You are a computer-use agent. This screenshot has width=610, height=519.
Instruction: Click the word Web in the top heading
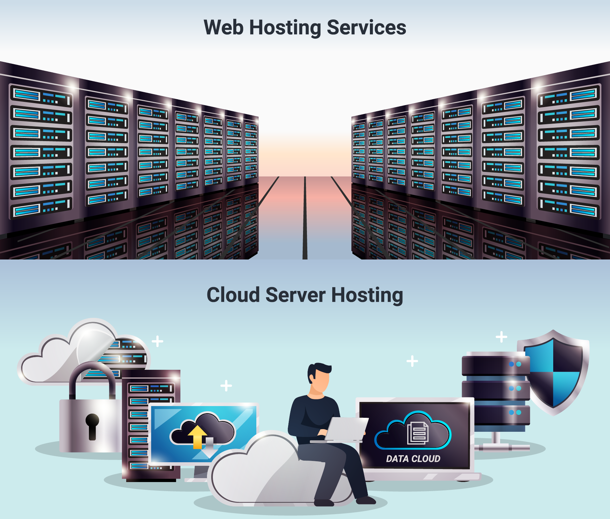pos(223,27)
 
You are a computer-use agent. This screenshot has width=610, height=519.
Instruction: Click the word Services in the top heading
pos(366,27)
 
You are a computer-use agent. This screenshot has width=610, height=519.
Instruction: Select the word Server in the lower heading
pos(295,295)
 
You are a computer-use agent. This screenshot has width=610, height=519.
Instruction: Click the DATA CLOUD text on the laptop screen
pos(413,459)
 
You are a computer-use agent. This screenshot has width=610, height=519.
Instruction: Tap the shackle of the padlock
pos(92,380)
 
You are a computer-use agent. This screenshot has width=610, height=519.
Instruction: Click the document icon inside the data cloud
pos(418,433)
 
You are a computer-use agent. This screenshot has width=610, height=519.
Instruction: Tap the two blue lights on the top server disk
pos(515,364)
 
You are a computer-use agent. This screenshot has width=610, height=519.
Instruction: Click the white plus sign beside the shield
pos(501,337)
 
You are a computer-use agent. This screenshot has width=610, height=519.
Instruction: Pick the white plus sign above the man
pos(412,361)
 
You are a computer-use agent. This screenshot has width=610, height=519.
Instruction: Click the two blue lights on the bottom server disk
pos(515,412)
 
